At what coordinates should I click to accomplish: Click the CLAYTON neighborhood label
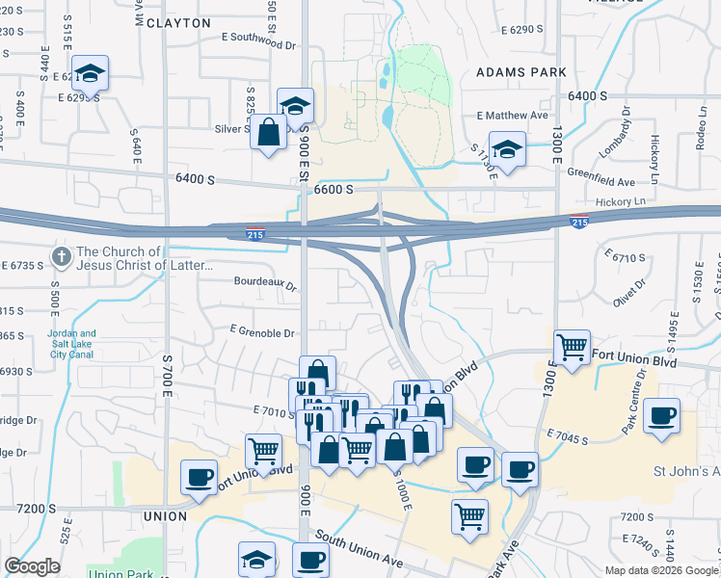[x=177, y=22]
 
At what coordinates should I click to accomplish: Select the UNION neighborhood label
[x=164, y=516]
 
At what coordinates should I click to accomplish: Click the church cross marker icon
[x=62, y=257]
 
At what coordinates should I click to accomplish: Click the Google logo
[x=32, y=566]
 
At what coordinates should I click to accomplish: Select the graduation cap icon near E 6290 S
[x=90, y=72]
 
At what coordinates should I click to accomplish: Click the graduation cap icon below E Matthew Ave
[x=507, y=149]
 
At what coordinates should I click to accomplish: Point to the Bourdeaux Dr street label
[x=265, y=284]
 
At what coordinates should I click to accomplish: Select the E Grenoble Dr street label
[x=261, y=332]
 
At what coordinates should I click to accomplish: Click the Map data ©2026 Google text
[x=660, y=570]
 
